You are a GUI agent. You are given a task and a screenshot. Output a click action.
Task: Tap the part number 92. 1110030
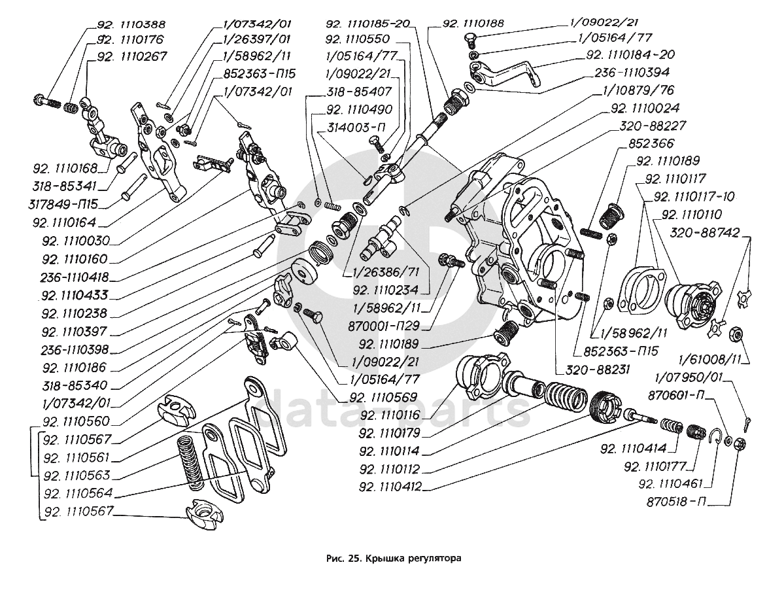75,239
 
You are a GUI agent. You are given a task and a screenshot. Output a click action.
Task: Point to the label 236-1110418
75,276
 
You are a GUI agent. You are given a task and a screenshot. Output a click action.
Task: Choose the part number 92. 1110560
75,421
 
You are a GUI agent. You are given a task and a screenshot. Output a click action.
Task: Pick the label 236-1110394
636,73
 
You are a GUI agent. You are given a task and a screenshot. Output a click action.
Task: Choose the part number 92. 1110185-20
367,24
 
